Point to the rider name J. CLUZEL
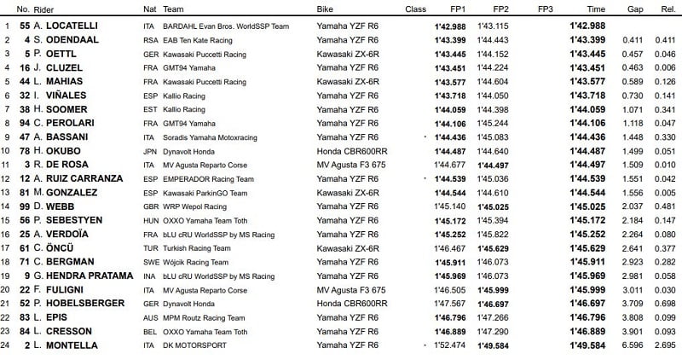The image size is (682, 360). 54,68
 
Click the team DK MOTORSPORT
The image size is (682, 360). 199,345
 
